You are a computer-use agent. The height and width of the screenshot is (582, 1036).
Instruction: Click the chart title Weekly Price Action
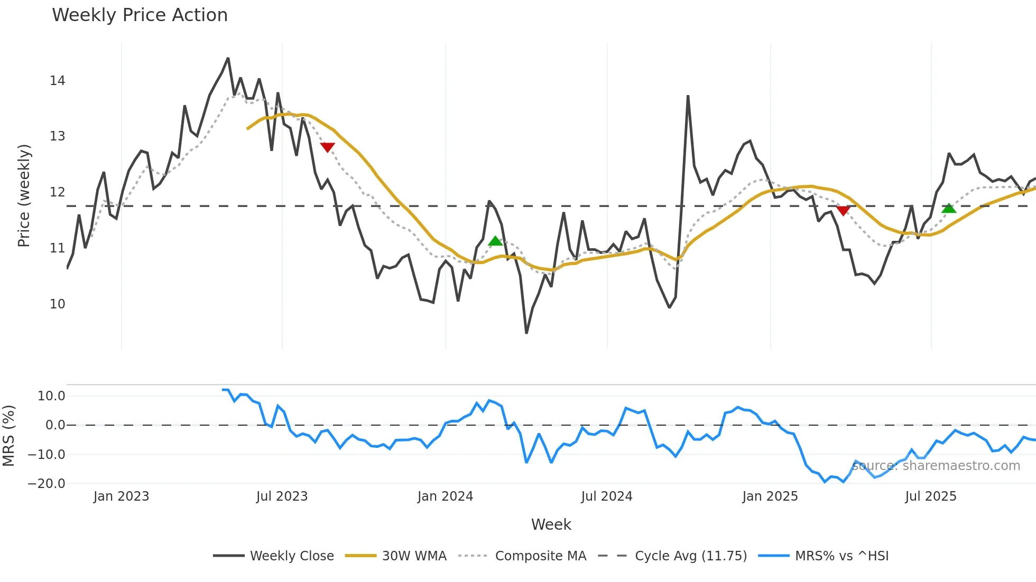pos(140,15)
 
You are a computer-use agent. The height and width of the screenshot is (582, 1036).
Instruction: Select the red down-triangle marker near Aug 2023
pos(327,147)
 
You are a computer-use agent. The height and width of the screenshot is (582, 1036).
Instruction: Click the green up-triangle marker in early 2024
pos(495,241)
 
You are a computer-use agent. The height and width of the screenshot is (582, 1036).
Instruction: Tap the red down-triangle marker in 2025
pos(843,211)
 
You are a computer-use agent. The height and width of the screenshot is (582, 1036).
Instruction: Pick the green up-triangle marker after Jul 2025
pos(949,208)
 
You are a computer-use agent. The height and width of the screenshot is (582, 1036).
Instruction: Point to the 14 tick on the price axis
pos(57,81)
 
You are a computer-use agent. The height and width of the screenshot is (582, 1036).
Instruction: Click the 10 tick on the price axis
pos(57,304)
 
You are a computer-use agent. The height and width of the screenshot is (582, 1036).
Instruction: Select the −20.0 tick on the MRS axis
pos(47,483)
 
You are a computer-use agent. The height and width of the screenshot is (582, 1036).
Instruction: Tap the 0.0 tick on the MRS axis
pos(55,425)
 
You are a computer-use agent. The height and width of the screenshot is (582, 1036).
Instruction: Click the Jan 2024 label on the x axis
pos(445,496)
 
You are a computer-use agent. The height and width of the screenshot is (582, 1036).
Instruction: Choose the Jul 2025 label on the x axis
pos(930,496)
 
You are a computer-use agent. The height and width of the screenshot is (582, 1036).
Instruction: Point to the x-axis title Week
pos(551,524)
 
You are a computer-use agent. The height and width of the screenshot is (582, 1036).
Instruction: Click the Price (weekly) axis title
pos(24,195)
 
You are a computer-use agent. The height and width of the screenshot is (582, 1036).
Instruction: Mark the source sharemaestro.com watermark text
pos(936,466)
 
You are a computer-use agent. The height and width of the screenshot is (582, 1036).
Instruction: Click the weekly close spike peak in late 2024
pos(688,96)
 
